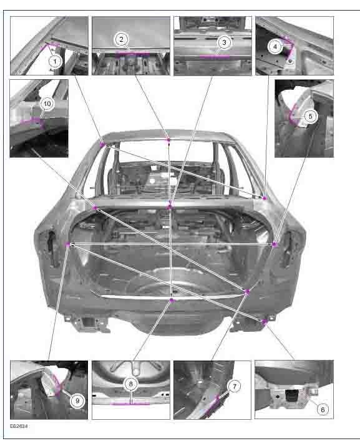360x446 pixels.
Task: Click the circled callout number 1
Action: click(x=55, y=61)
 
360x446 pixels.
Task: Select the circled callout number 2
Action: click(x=122, y=39)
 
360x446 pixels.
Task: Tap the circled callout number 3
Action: click(x=224, y=42)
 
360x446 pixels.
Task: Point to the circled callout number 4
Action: click(x=275, y=46)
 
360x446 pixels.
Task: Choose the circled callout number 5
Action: click(x=310, y=116)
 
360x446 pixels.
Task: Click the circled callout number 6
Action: click(x=323, y=410)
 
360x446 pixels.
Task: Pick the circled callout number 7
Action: click(x=235, y=386)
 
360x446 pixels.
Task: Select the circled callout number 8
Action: click(x=131, y=384)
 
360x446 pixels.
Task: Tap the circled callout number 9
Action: click(x=77, y=401)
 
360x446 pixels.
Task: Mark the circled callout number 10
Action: click(x=47, y=104)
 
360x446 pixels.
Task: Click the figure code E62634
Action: click(x=19, y=426)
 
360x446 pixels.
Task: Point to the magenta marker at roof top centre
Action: click(x=168, y=140)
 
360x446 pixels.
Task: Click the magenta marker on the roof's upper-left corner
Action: click(x=102, y=145)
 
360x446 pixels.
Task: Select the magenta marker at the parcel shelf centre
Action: click(x=170, y=207)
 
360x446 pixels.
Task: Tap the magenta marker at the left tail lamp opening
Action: click(x=68, y=245)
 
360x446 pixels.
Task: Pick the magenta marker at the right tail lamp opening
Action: click(x=275, y=245)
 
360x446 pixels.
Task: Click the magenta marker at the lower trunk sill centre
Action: click(x=172, y=300)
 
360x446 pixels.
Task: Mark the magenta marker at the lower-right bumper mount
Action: click(x=265, y=322)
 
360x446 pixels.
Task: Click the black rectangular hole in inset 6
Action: click(x=290, y=395)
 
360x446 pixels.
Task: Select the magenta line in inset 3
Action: click(x=215, y=56)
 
